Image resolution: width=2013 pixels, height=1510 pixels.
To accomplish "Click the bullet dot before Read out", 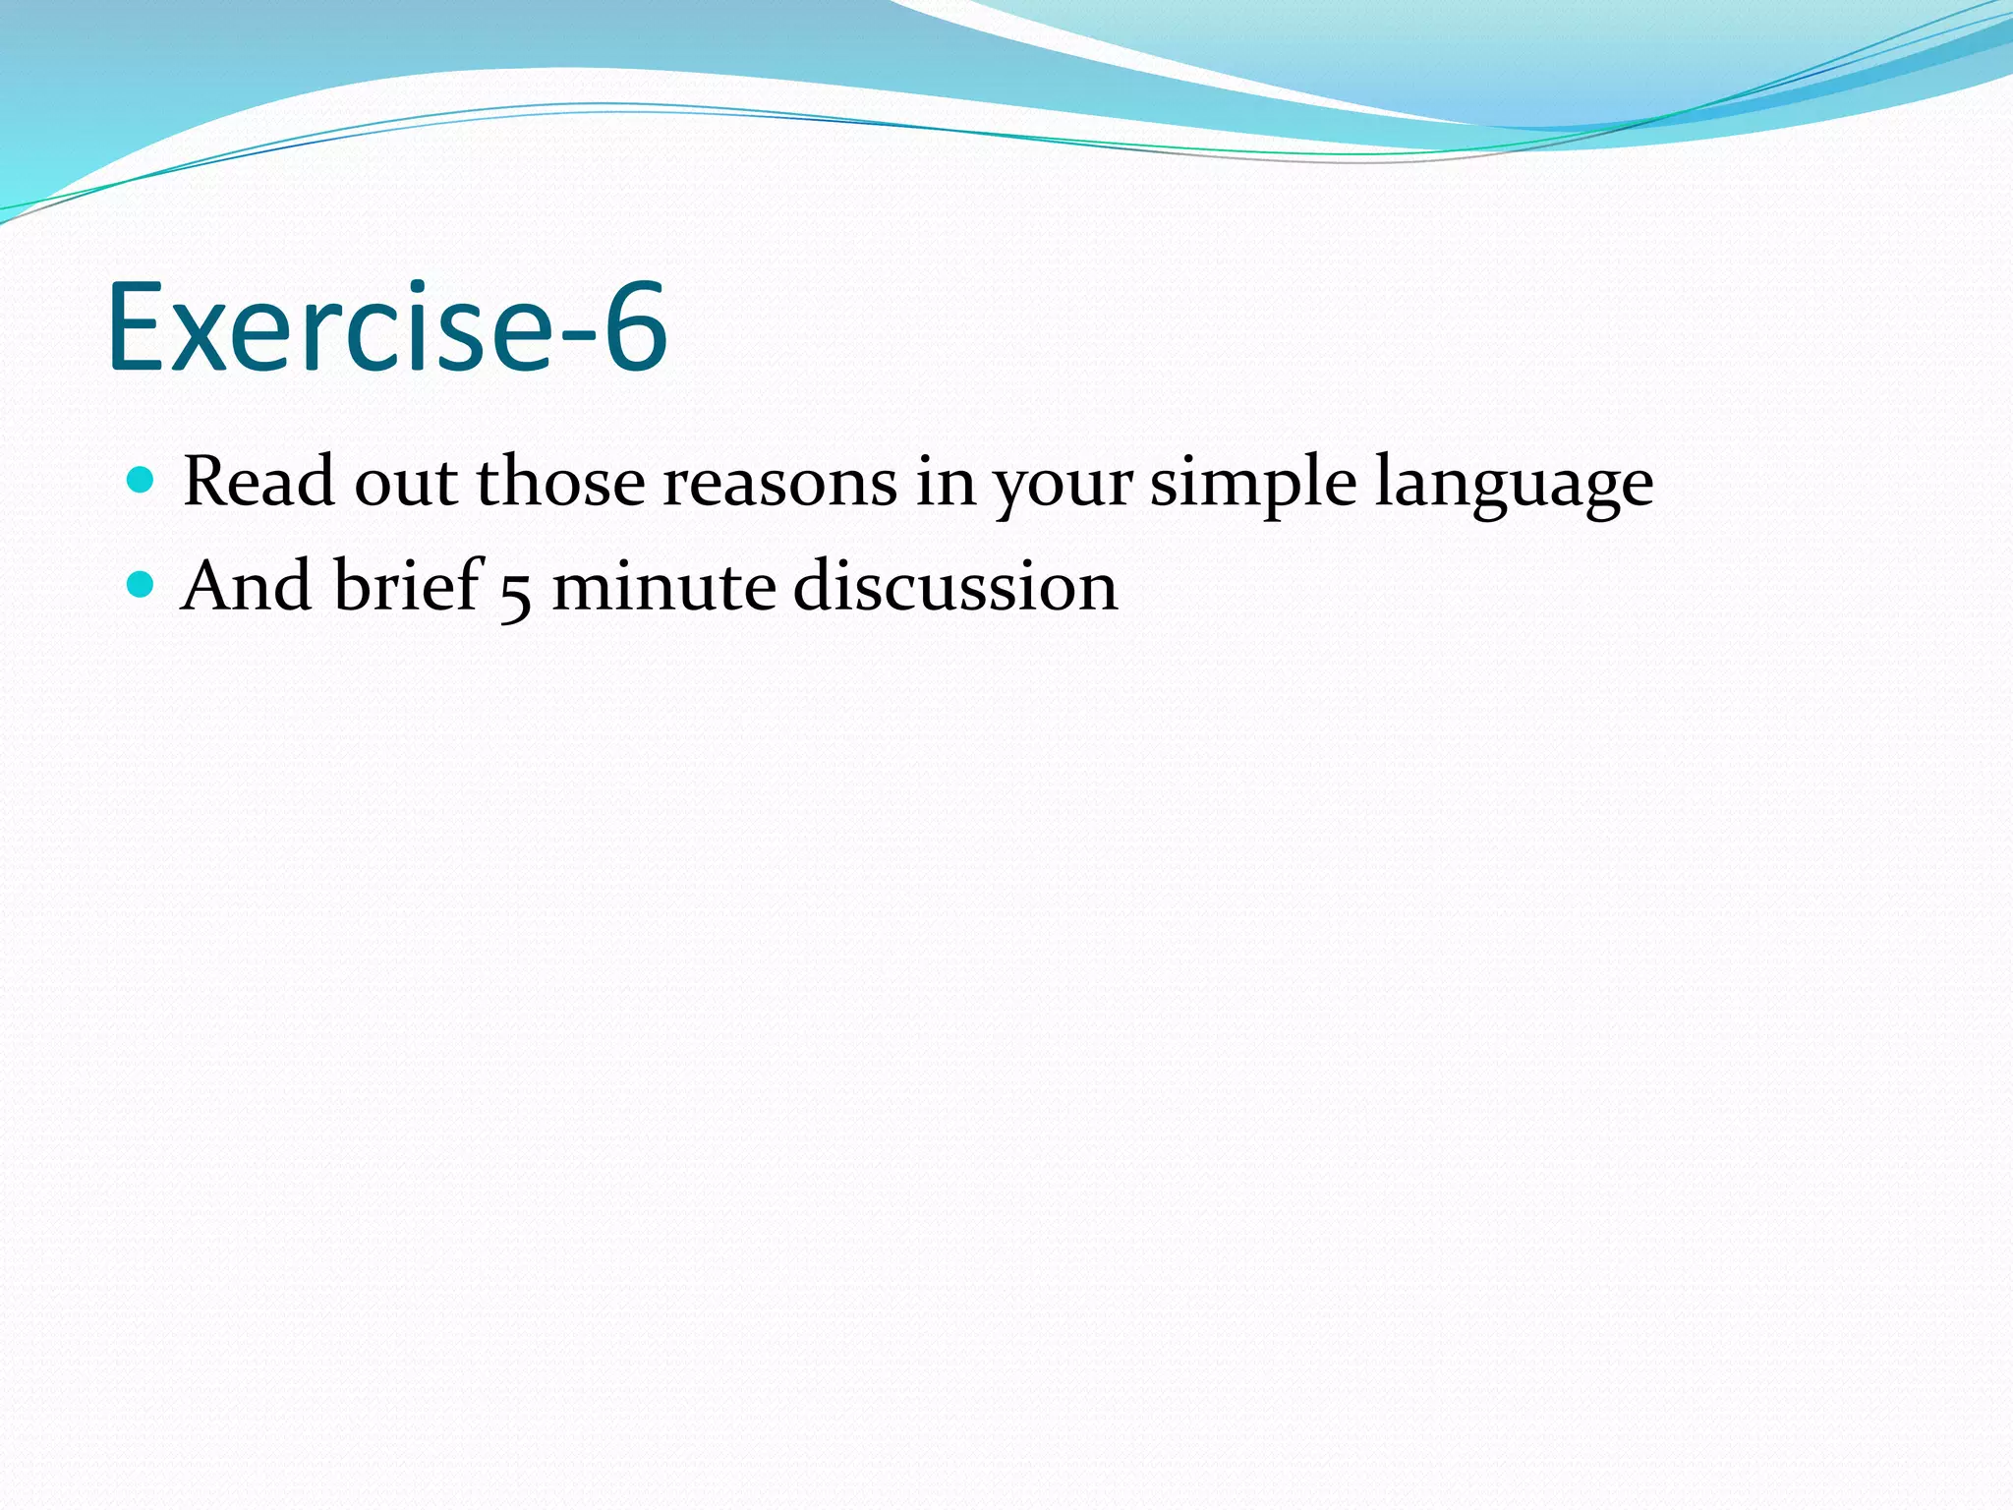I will [x=142, y=481].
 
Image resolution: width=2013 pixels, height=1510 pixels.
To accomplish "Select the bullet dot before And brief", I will [x=142, y=585].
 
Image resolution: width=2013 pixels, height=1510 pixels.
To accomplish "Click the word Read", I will [x=259, y=482].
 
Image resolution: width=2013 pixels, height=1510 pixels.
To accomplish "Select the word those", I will [x=560, y=482].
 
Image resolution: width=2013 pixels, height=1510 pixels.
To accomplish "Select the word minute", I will [x=663, y=587].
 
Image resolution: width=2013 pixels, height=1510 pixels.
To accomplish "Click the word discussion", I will [x=955, y=587].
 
